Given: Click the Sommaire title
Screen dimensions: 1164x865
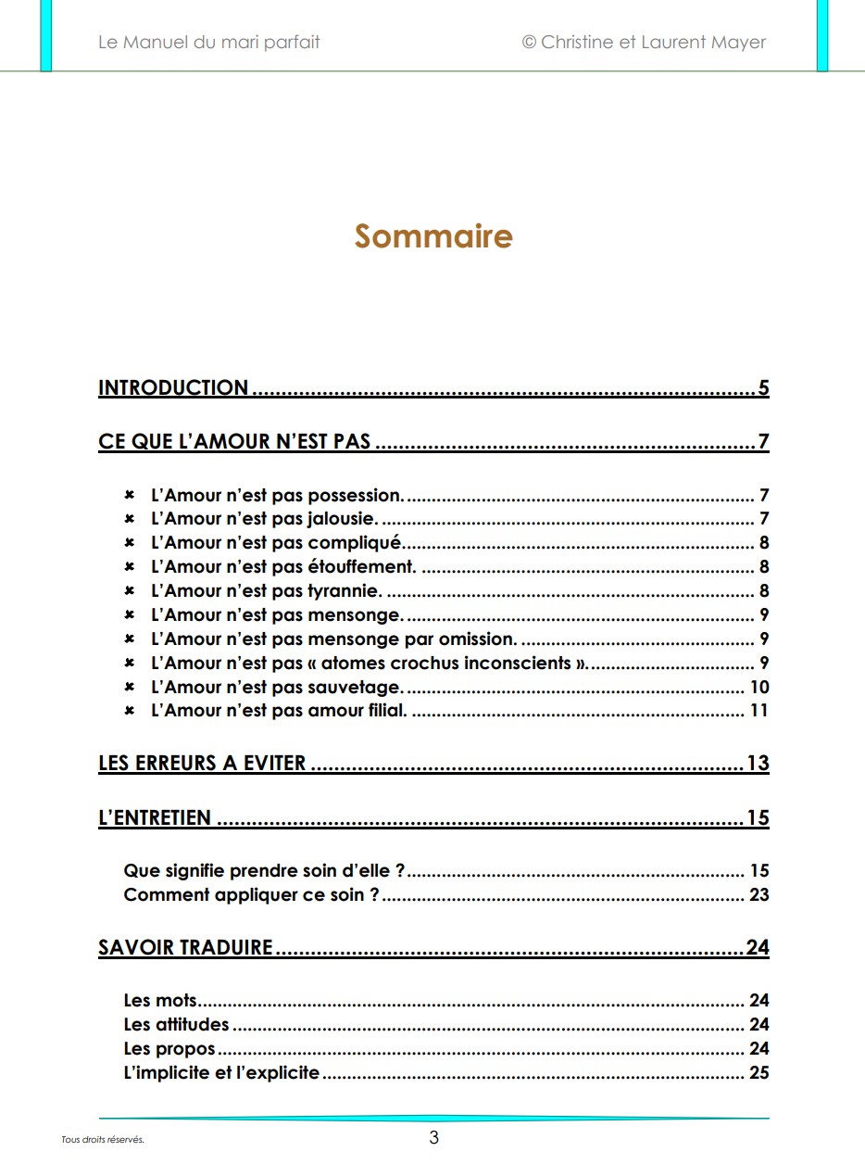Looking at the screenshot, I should click(x=432, y=236).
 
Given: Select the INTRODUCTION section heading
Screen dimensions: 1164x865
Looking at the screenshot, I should click(x=173, y=388).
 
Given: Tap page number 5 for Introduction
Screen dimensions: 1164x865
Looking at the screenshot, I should click(x=763, y=388).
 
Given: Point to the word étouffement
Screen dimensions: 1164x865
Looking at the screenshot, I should click(x=361, y=567).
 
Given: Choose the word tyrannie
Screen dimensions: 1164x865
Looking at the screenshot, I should click(x=344, y=591).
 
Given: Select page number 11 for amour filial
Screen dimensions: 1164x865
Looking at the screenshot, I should click(x=759, y=712).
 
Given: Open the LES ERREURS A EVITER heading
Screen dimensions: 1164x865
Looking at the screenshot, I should click(x=202, y=764).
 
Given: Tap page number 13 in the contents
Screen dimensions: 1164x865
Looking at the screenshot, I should click(x=758, y=764).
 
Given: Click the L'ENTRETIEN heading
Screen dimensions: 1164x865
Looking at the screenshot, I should click(x=155, y=818).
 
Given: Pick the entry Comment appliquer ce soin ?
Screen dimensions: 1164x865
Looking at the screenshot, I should click(x=251, y=895).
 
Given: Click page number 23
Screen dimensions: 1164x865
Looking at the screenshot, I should click(x=759, y=895).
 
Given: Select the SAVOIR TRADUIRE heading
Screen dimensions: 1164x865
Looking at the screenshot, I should click(x=185, y=947).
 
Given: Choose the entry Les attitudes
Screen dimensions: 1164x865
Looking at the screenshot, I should click(x=176, y=1025).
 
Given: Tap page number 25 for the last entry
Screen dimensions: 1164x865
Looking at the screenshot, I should click(x=759, y=1073).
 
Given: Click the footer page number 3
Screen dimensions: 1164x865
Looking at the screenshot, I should click(x=433, y=1138).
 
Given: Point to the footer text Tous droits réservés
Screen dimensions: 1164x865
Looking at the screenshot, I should click(x=103, y=1140).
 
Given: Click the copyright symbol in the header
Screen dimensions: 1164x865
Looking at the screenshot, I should click(x=529, y=42).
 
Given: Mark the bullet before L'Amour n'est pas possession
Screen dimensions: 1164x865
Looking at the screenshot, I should click(x=130, y=495).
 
